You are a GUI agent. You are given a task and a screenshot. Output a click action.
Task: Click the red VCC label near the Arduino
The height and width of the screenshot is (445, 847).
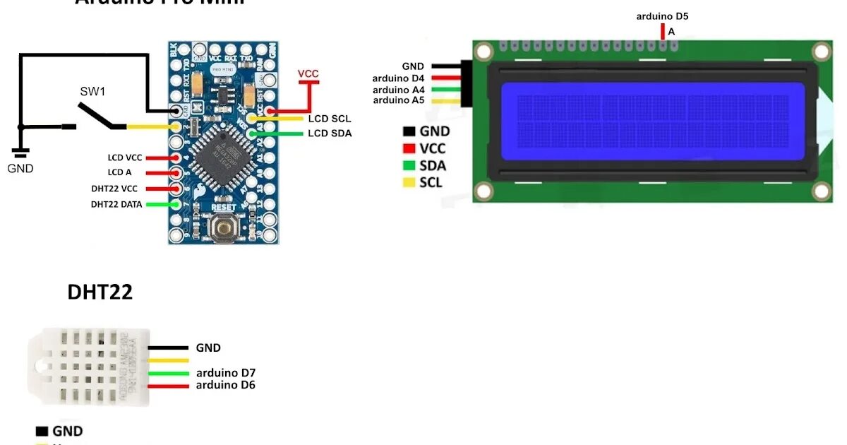tap(308, 73)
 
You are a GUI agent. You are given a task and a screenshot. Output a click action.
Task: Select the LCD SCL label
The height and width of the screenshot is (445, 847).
tap(329, 119)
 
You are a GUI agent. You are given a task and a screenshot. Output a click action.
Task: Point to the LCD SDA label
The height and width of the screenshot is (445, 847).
tap(330, 133)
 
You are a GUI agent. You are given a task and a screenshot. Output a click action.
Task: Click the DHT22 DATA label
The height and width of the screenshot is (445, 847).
tap(116, 204)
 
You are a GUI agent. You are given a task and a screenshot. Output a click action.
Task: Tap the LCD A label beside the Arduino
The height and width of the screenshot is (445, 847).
tap(119, 172)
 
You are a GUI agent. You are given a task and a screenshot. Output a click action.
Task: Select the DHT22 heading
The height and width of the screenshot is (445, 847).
tap(100, 292)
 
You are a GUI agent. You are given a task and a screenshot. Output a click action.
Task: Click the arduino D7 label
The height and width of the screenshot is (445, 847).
tap(225, 373)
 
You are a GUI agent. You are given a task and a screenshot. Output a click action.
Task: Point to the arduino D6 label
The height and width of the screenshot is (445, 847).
tap(225, 385)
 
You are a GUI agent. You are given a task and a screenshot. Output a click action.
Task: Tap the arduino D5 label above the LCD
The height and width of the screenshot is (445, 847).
tap(661, 16)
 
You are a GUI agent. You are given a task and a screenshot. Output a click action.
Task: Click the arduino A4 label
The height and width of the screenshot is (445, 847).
tap(399, 90)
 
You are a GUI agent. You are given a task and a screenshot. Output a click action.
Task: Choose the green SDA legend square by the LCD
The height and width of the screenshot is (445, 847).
tap(409, 166)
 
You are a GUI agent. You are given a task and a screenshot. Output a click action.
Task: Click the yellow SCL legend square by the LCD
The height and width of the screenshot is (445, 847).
tap(409, 183)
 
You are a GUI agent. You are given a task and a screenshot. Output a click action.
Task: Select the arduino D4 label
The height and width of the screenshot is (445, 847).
tap(399, 78)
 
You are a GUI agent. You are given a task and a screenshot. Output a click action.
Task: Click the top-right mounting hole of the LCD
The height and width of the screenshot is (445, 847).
tap(821, 51)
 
